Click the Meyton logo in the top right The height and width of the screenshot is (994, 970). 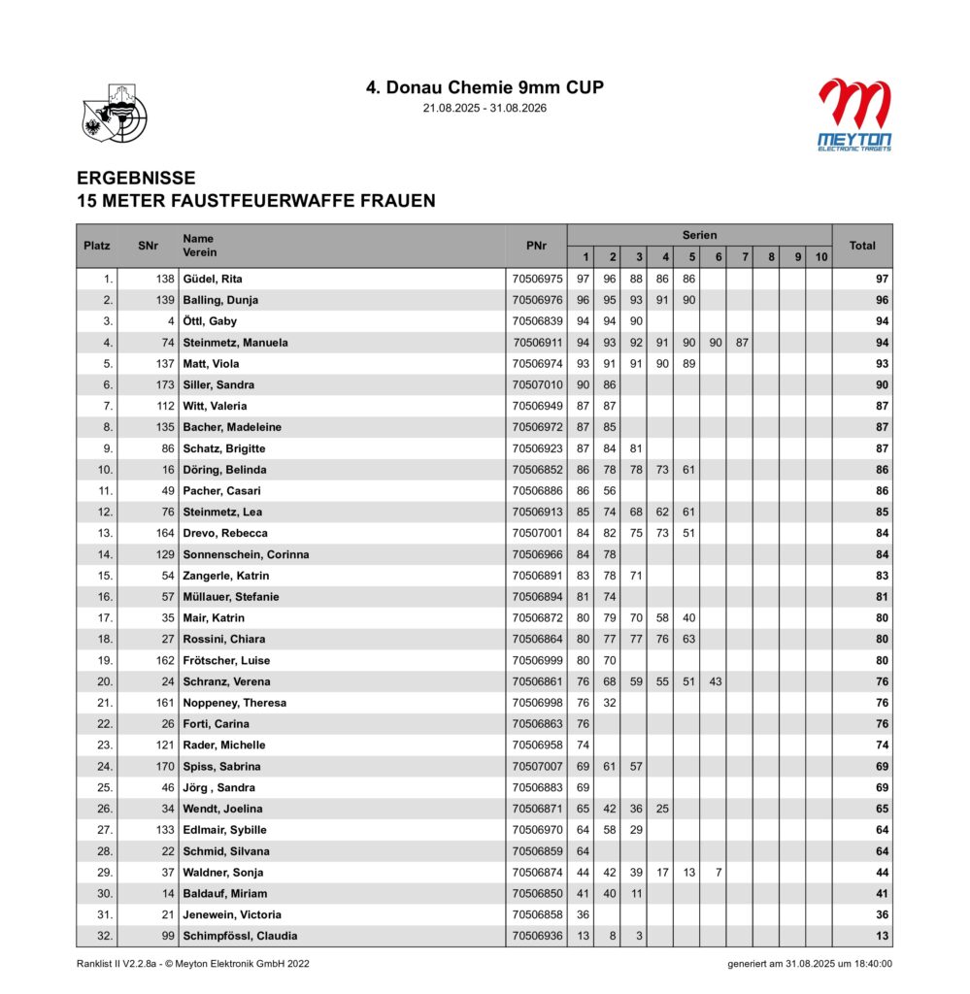854,115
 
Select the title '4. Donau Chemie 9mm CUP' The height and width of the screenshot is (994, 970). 485,87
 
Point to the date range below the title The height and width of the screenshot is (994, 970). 485,108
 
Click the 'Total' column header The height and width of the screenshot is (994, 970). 861,246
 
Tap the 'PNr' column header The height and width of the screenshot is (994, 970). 536,246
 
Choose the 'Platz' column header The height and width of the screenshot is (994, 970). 97,246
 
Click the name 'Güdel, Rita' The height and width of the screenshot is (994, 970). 213,279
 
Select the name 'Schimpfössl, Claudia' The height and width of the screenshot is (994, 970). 240,936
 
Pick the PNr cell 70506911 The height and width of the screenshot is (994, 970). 536,343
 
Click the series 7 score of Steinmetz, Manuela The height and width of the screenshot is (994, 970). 741,343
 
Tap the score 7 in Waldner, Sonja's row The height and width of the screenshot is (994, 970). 718,873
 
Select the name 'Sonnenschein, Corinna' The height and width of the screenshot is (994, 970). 246,554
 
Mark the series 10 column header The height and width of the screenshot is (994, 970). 820,257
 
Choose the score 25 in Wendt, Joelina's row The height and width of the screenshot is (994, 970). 664,809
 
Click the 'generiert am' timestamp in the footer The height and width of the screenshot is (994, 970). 810,964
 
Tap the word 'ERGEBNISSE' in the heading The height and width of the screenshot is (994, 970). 136,179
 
